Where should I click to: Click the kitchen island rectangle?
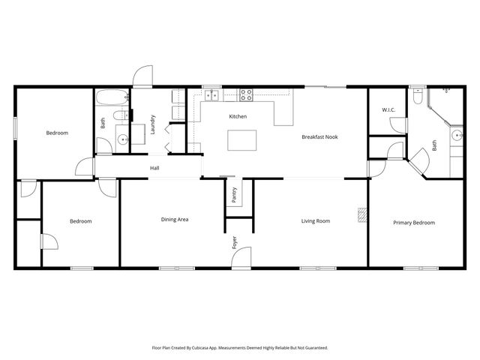[x=241, y=140]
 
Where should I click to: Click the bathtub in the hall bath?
[x=112, y=97]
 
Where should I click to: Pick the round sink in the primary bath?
[x=456, y=136]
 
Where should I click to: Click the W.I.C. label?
[x=388, y=110]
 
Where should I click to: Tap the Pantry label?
[x=235, y=195]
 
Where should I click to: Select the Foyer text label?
[x=235, y=242]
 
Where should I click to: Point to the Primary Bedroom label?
[x=414, y=223]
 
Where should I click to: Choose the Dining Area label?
[x=174, y=220]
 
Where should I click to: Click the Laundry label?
[x=152, y=123]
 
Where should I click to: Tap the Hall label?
[x=154, y=168]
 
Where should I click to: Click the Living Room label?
[x=316, y=221]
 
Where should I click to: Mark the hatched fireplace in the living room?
[x=362, y=216]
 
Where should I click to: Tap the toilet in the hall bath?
[x=118, y=116]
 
